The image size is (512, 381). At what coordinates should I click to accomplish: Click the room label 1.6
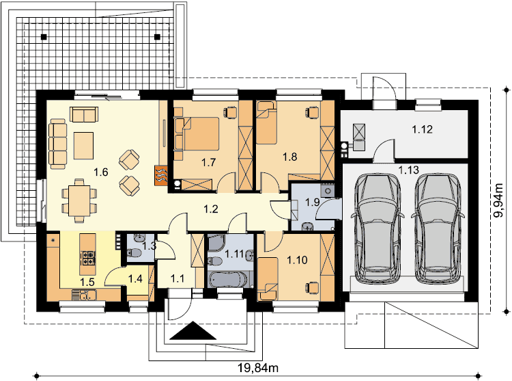[101, 172]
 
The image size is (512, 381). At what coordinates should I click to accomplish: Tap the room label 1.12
[422, 129]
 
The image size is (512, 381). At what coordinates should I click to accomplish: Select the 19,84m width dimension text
[258, 368]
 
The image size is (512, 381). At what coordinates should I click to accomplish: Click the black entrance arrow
[193, 330]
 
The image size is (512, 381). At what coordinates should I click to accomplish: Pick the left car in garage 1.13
[377, 228]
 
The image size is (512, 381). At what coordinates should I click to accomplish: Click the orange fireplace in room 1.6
[161, 176]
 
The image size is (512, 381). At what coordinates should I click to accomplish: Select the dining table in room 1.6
[79, 200]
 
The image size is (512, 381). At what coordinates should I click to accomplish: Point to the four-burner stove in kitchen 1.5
[88, 257]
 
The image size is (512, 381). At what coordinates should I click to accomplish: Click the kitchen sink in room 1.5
[84, 296]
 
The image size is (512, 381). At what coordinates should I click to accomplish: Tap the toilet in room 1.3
[134, 252]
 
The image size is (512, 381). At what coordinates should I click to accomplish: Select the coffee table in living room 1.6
[83, 146]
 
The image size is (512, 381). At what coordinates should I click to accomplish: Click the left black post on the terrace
[44, 37]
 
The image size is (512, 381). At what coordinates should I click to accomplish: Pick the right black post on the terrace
[158, 37]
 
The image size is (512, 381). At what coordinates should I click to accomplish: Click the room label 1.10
[297, 261]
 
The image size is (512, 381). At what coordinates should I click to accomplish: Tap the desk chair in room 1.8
[312, 112]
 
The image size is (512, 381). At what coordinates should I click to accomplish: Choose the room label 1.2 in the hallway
[211, 209]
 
